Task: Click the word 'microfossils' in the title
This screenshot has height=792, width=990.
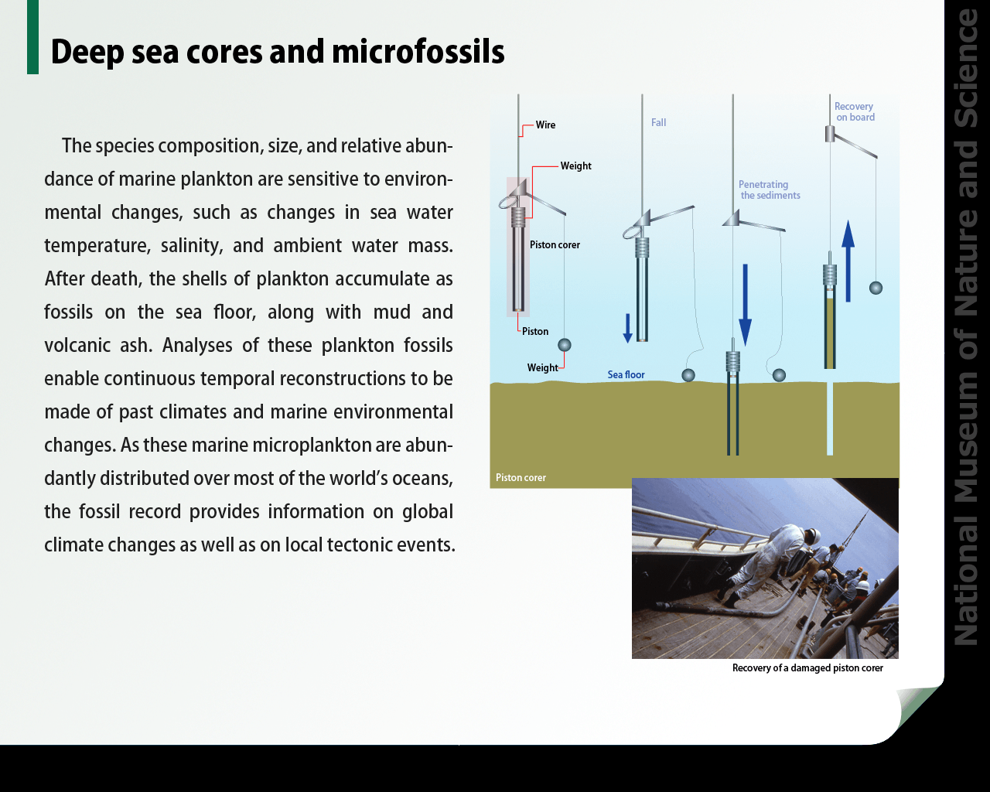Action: pos(418,52)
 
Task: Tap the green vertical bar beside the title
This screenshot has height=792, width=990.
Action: pos(32,37)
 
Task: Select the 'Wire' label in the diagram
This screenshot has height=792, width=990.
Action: pos(545,125)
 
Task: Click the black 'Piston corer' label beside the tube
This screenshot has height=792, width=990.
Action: pos(555,245)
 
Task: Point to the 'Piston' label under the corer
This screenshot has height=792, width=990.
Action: pos(535,331)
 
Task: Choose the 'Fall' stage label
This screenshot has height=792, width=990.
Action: pos(658,122)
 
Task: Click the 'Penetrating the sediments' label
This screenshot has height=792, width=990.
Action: pos(769,189)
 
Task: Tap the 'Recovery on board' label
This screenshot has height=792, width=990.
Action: pos(855,112)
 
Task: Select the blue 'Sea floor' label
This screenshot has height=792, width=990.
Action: pos(626,374)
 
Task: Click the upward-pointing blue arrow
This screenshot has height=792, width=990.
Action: pos(848,261)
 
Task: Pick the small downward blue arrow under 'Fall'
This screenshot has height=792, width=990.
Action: pos(627,328)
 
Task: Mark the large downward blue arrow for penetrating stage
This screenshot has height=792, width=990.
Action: pos(746,305)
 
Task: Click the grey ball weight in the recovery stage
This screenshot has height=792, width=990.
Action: pos(876,288)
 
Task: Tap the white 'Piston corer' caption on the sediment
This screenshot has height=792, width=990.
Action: pos(521,478)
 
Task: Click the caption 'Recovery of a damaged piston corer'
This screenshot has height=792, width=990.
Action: pos(807,667)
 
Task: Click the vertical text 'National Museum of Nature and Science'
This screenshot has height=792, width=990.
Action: pos(966,326)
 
